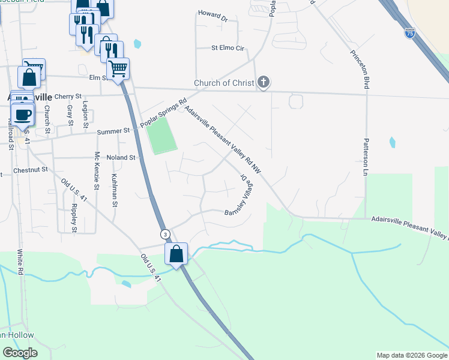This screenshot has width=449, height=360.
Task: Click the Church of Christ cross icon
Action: point(263,83)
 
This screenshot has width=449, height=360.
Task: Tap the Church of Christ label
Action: point(224,83)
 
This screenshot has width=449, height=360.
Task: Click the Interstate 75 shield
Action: point(409,34)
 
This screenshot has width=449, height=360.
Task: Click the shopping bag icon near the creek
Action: point(176,253)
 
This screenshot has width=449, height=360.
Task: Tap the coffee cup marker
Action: point(23,115)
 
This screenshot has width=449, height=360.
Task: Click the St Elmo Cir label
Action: point(228,47)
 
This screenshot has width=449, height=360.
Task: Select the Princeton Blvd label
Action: point(359,68)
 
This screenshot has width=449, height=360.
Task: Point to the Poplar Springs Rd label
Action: point(164,113)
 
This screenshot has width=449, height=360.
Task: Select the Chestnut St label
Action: point(30,170)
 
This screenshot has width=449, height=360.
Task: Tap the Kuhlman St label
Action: point(114,190)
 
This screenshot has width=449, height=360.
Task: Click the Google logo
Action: point(20,352)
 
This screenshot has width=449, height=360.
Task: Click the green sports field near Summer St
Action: point(161,136)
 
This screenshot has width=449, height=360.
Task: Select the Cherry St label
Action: point(67,96)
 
